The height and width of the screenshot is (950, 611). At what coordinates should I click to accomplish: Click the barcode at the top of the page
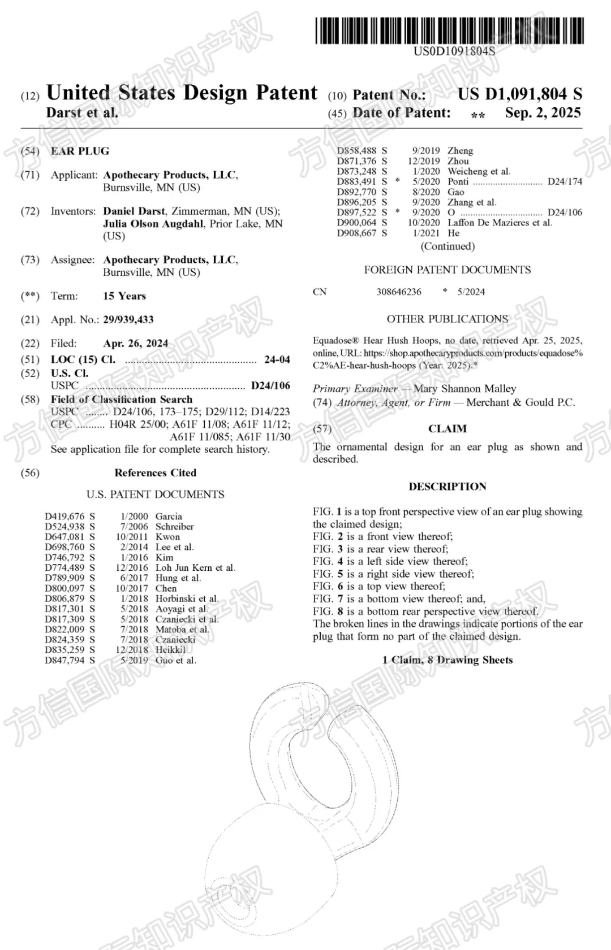450,31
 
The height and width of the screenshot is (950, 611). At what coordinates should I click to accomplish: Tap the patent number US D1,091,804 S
519,94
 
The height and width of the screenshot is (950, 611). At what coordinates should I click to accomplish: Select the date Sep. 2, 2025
543,113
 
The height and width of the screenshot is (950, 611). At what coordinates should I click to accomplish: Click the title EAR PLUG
80,151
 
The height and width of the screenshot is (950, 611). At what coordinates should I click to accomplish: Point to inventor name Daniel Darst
134,211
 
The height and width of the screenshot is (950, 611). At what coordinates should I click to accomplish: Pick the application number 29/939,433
128,320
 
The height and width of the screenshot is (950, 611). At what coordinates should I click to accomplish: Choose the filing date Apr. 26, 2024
136,344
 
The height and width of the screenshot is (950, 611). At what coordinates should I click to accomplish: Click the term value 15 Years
124,296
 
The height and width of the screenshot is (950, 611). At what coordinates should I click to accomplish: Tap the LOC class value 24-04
277,359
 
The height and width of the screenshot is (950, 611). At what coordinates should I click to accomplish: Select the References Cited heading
155,473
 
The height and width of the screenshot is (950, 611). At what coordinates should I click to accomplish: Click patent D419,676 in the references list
64,517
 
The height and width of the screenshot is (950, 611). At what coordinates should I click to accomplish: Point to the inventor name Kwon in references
167,537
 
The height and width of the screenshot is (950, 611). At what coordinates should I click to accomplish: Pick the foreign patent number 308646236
399,292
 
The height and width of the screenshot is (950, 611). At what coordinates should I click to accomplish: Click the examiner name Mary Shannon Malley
464,389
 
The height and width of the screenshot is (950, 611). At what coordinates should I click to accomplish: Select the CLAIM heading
448,429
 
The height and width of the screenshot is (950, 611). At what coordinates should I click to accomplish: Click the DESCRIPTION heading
448,487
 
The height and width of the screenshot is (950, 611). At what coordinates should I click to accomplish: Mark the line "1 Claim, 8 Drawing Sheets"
448,660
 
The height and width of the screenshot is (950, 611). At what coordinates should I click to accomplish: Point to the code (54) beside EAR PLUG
30,151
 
